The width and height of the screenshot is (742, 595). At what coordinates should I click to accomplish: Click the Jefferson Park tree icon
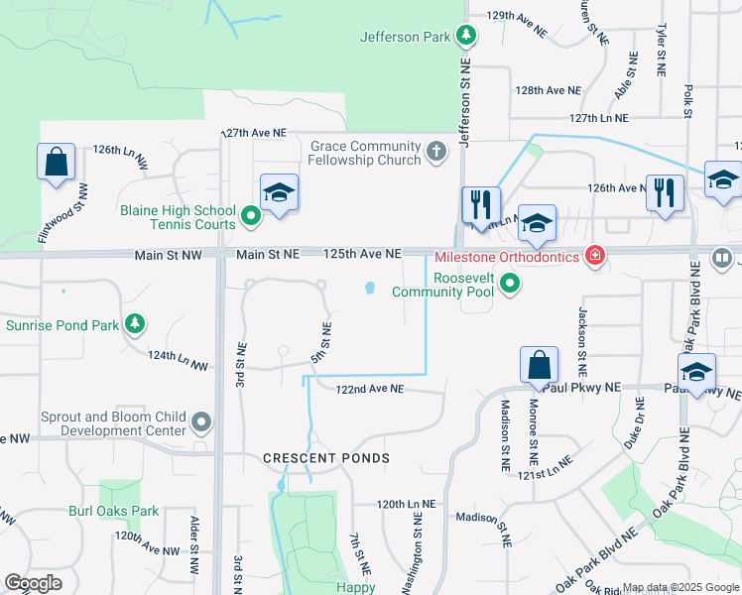pyautogui.click(x=466, y=38)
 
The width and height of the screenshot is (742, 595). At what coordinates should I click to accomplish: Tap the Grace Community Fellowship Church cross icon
pyautogui.click(x=436, y=153)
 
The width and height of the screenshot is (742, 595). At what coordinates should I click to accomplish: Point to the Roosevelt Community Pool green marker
pyautogui.click(x=510, y=286)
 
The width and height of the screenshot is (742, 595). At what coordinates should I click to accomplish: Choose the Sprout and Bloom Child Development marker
pyautogui.click(x=202, y=423)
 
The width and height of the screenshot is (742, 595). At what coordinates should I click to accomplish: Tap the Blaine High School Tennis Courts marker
pyautogui.click(x=252, y=213)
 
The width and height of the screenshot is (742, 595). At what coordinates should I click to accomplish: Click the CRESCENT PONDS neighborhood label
pyautogui.click(x=326, y=458)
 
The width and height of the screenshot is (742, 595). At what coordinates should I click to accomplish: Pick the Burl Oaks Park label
pyautogui.click(x=113, y=512)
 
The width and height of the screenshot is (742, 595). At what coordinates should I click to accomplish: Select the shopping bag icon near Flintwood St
pyautogui.click(x=57, y=162)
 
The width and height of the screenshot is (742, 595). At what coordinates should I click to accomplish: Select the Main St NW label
pyautogui.click(x=169, y=255)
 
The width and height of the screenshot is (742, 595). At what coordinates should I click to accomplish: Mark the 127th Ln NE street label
pyautogui.click(x=599, y=117)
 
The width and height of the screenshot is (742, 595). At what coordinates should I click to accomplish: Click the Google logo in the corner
pyautogui.click(x=33, y=583)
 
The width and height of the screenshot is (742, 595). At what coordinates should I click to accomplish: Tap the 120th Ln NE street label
pyautogui.click(x=406, y=504)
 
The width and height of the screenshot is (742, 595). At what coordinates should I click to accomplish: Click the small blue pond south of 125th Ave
pyautogui.click(x=369, y=290)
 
